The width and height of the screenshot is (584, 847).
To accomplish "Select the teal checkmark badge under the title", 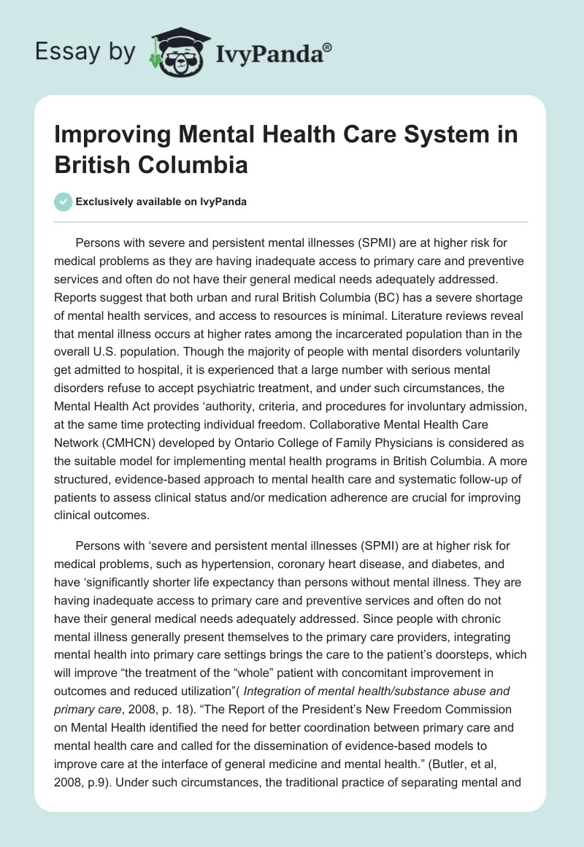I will pos(64,202).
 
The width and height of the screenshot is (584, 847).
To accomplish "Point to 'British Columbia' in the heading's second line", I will pos(151,164).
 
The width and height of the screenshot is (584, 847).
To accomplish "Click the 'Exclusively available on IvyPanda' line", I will pos(161,202).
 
